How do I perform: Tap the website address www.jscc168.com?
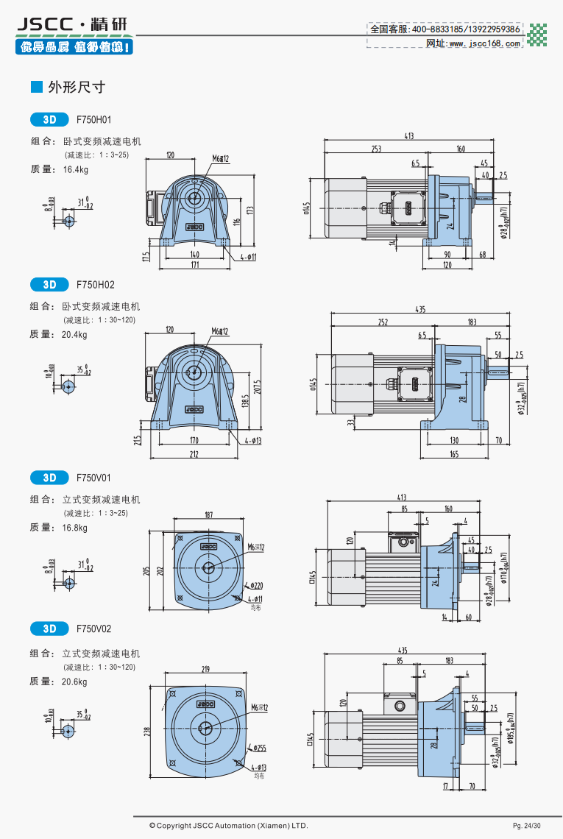pyautogui.click(x=484, y=43)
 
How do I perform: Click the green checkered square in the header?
pyautogui.click(x=538, y=35)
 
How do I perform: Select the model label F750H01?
pyautogui.click(x=93, y=118)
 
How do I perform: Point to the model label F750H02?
pyautogui.click(x=95, y=284)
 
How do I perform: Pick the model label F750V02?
pyautogui.click(x=95, y=629)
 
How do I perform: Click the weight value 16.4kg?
pyautogui.click(x=76, y=169)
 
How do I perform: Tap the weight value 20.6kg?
pyautogui.click(x=76, y=682)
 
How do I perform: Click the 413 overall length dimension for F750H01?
pyautogui.click(x=409, y=136)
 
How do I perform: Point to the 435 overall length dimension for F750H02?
pyautogui.click(x=419, y=310)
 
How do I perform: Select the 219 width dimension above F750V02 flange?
pyautogui.click(x=205, y=669)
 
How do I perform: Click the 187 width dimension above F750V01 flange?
pyautogui.click(x=208, y=514)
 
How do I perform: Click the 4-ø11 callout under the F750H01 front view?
pyautogui.click(x=247, y=258)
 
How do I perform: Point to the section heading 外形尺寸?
pyautogui.click(x=76, y=88)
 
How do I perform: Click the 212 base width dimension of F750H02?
pyautogui.click(x=194, y=453)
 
